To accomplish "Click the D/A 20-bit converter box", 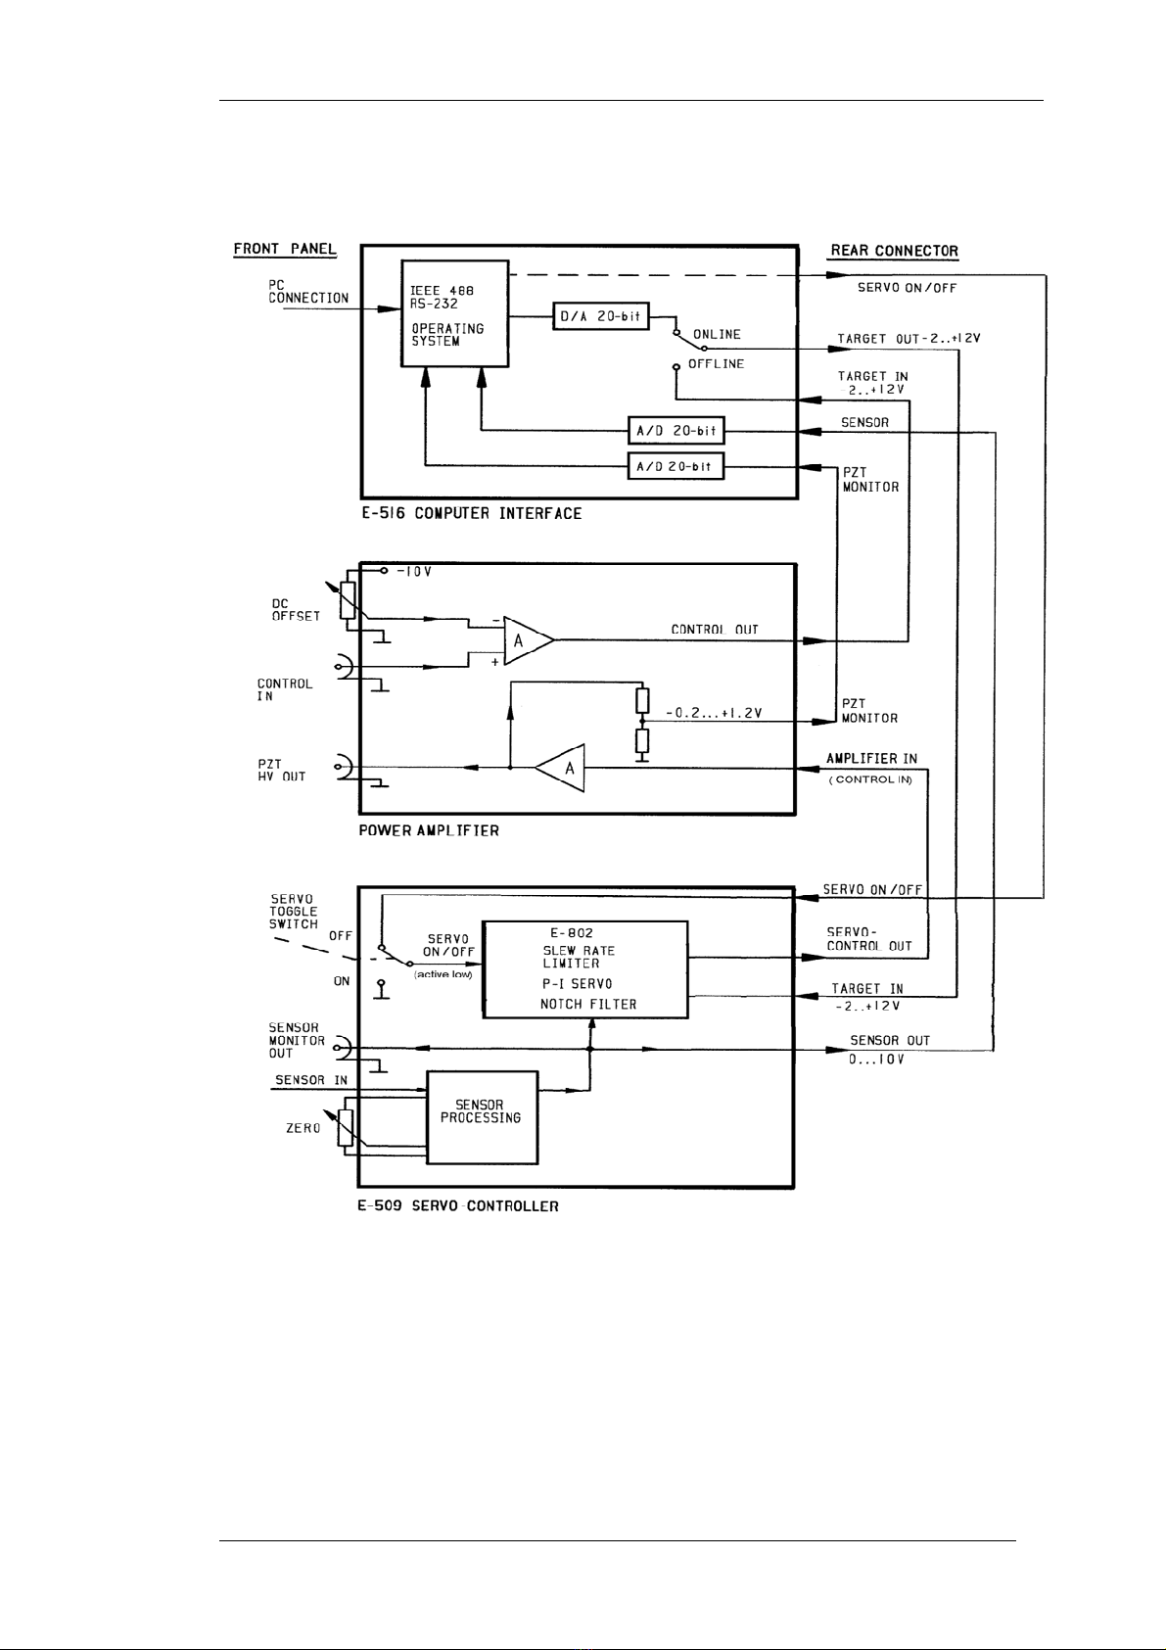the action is coord(601,316).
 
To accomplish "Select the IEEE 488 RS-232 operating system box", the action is coord(454,313).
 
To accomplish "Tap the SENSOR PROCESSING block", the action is coord(483,1117).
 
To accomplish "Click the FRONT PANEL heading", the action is coord(285,249).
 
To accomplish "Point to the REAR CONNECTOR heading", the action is coord(894,251).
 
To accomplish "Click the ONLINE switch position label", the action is coord(717,335).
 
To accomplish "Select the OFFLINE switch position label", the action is coord(716,364).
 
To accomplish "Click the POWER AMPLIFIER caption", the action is coord(429,831).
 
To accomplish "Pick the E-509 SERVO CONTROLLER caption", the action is coord(458,1206).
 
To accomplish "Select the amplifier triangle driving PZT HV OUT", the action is coord(560,769).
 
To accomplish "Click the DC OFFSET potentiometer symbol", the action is coord(347,599).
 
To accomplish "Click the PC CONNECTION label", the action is coord(307,291).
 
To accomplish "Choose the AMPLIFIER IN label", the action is coord(872,758).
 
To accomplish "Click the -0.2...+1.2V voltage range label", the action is coord(714,713).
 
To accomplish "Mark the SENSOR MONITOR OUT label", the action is coord(297,1040).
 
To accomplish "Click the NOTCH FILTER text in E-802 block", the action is coord(588,1004).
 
